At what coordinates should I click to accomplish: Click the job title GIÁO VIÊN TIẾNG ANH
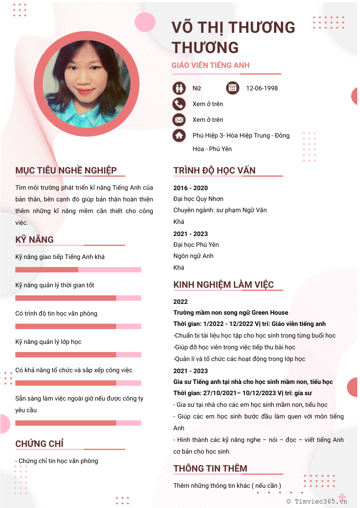(x=211, y=65)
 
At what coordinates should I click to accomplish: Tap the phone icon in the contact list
(x=179, y=104)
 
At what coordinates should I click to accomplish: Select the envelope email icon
(x=179, y=120)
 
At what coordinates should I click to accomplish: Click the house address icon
(x=179, y=135)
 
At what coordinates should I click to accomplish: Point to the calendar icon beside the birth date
(x=232, y=88)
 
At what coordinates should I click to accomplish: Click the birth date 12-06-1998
(x=262, y=88)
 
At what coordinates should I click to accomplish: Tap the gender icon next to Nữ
(x=179, y=88)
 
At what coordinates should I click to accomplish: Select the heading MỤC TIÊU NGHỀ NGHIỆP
(x=66, y=170)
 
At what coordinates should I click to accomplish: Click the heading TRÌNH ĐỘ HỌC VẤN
(x=214, y=170)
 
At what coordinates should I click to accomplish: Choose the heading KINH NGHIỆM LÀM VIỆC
(x=223, y=285)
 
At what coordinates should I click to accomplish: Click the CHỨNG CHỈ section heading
(x=39, y=444)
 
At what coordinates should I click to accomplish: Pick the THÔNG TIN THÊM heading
(x=210, y=468)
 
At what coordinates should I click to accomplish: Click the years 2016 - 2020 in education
(x=190, y=188)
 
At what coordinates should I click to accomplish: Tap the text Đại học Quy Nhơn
(x=198, y=199)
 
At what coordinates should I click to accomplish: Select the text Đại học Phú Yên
(x=196, y=245)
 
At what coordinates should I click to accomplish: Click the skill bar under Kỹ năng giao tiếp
(x=78, y=270)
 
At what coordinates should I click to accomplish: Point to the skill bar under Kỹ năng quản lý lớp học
(x=78, y=355)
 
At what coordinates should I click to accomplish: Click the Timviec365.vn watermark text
(x=321, y=501)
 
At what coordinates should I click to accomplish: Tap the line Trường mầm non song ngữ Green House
(x=230, y=312)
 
